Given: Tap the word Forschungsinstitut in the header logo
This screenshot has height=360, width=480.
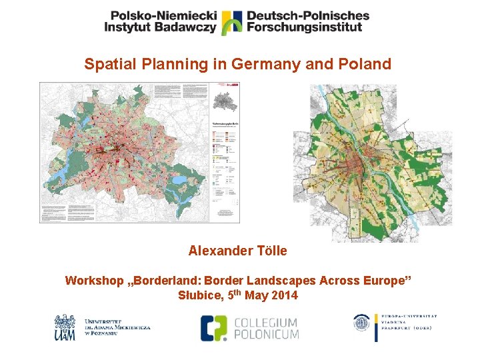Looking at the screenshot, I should coord(304,27).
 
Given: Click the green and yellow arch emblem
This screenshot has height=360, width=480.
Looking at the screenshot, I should coord(231,21).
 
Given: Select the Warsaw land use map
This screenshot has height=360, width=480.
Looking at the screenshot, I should coord(373,163).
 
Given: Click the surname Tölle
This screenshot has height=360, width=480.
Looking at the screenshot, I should coord(271,251).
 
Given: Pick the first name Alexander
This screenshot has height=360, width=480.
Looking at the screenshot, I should coord(221,251).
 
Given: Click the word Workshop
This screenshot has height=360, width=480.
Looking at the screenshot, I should coord(93,281).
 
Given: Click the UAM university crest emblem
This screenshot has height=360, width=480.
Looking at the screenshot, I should coord(65,327).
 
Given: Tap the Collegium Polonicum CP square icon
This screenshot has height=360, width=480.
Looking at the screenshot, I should coord(214,327).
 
